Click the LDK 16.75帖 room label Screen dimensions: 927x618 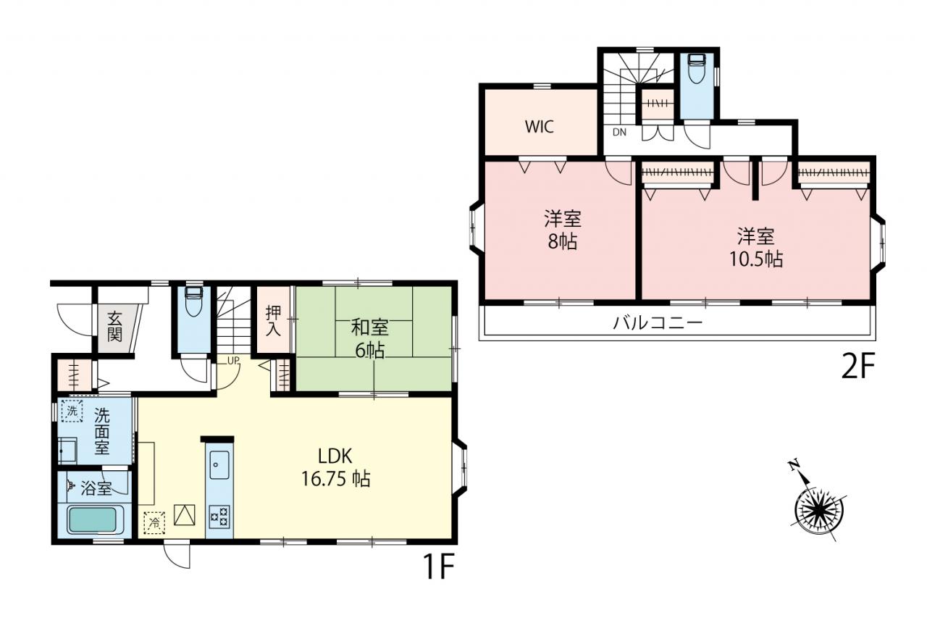coord(335,467)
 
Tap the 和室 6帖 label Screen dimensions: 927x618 coord(370,338)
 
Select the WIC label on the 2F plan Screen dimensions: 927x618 coord(540,127)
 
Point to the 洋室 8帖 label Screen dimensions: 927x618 coord(563,230)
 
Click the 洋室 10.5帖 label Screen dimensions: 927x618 coord(755,248)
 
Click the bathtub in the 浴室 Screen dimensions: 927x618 coord(92,520)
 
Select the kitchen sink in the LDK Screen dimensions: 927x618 coord(219,464)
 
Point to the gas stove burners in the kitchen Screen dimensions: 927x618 coord(219,517)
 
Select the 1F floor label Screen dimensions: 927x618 coord(439,567)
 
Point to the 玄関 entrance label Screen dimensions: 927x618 coord(114,327)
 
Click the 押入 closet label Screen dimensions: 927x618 coord(273,322)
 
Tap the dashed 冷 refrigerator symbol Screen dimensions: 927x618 coord(154,523)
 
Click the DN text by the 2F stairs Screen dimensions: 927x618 coord(619,133)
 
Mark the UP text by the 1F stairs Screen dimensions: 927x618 coord(233,361)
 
